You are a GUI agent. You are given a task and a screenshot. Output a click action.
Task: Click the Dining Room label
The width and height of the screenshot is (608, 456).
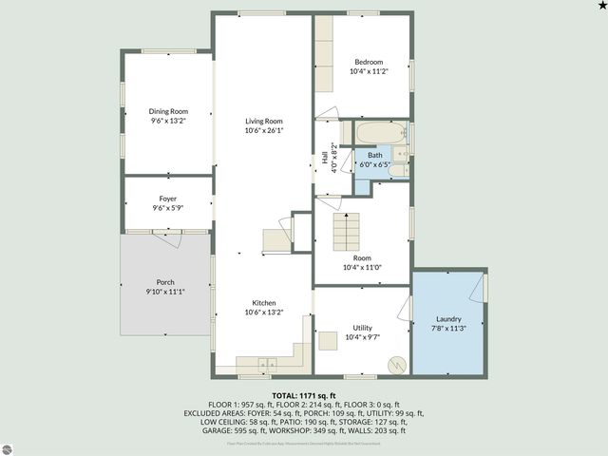pyautogui.click(x=167, y=111)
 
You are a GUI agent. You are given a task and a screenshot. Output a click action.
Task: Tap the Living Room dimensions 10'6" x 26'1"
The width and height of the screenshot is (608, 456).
pyautogui.click(x=264, y=130)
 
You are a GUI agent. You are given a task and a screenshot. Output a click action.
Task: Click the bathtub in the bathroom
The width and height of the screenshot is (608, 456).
pyautogui.click(x=381, y=132)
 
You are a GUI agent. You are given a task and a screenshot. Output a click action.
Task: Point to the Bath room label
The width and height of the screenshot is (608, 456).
pyautogui.click(x=375, y=155)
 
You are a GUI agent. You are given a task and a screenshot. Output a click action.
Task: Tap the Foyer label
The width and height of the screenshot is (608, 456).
pyautogui.click(x=167, y=199)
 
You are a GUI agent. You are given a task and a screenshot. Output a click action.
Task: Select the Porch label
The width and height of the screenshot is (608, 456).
pyautogui.click(x=164, y=283)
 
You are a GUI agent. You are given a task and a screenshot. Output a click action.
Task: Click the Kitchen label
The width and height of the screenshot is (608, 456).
pyautogui.click(x=264, y=302)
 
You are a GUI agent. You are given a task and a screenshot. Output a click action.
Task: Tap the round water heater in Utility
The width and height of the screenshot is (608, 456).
pyautogui.click(x=396, y=365)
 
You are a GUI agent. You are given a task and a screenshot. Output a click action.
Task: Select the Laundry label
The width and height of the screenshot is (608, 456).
pyautogui.click(x=448, y=319)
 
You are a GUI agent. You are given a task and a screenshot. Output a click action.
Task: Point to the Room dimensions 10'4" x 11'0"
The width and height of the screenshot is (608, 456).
pyautogui.click(x=362, y=267)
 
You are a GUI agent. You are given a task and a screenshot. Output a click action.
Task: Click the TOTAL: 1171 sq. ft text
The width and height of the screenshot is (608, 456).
pyautogui.click(x=304, y=395)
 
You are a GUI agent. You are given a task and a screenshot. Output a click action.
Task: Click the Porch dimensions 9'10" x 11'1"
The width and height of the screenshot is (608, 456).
pyautogui.click(x=164, y=293)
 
